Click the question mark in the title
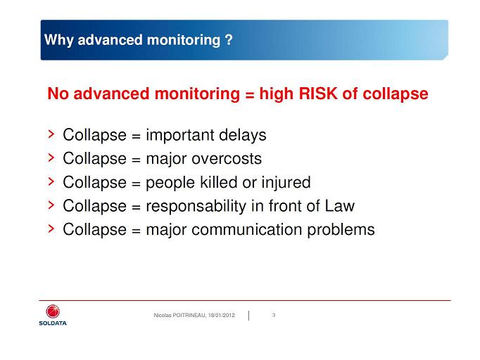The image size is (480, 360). coord(229,40)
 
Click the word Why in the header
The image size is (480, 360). coord(59,40)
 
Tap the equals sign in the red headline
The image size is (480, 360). coord(250,95)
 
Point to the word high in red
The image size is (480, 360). coord(277,94)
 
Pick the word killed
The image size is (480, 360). coord(219,182)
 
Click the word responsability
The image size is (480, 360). coord(196,206)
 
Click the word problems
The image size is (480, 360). coord(341,230)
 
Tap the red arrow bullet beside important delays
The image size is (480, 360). coord(51,134)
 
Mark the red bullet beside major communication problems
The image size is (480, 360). coord(51,229)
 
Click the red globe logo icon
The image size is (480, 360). coord(53,311)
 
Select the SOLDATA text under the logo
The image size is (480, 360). coord(53,323)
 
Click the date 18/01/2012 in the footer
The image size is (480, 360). coord(221,315)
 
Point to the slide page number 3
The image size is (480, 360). coord(274,315)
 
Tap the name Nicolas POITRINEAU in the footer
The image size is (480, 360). coord(180,315)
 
